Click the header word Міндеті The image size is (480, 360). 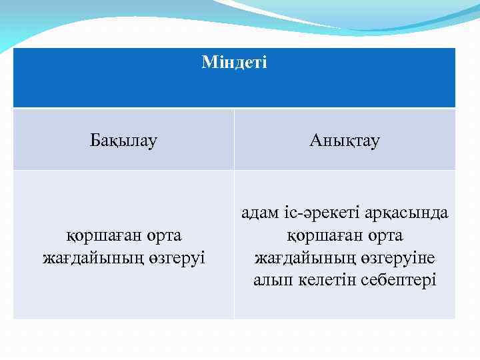234,63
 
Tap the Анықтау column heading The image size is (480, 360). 345,141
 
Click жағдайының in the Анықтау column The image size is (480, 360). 295,257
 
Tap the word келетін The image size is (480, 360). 325,279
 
